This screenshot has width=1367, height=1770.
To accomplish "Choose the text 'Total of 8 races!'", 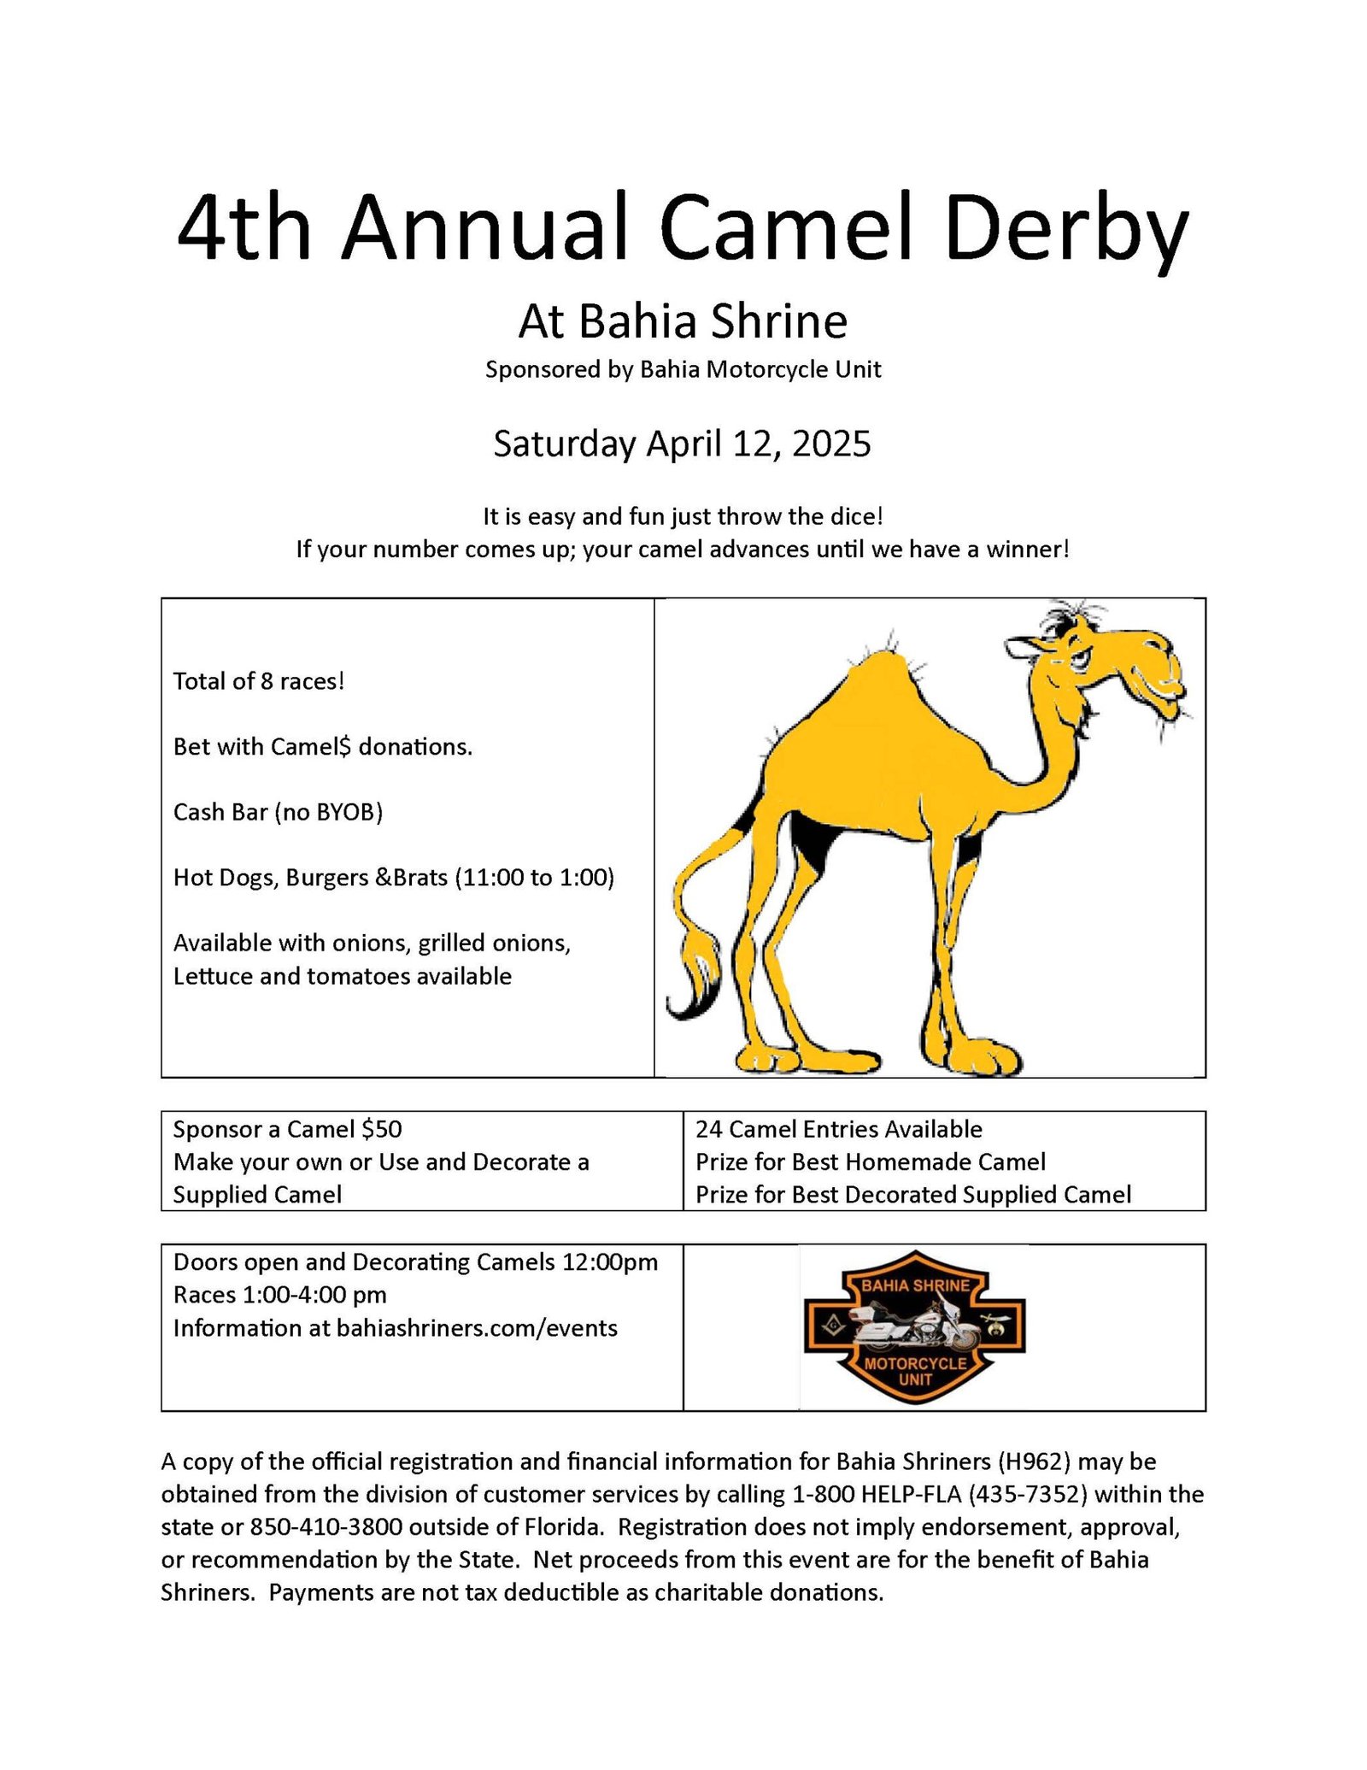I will pyautogui.click(x=259, y=681).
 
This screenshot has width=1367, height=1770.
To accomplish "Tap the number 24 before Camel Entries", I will pyautogui.click(x=709, y=1130).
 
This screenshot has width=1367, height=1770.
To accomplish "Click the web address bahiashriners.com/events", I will pyautogui.click(x=477, y=1328).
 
